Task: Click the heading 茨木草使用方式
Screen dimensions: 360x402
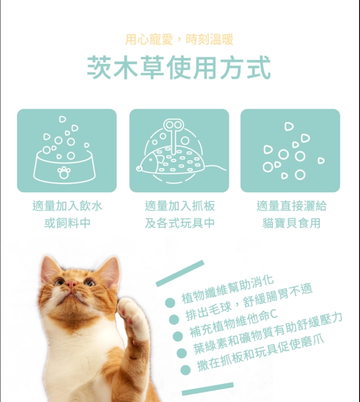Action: pos(179,67)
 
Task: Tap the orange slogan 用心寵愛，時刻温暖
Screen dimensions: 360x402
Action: pos(179,39)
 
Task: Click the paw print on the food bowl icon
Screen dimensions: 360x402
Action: pos(64,172)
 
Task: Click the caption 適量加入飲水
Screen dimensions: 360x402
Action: pos(67,206)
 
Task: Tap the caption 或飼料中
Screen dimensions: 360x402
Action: pos(67,223)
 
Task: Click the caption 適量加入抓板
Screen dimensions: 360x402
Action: pos(180,206)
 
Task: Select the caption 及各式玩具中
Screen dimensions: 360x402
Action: pos(180,223)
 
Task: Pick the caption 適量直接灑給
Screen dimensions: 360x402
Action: pos(292,206)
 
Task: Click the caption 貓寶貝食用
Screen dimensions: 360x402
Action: pos(292,223)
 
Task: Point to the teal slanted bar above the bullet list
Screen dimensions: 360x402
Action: pos(180,273)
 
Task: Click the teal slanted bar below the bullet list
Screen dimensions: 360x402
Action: pos(208,389)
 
